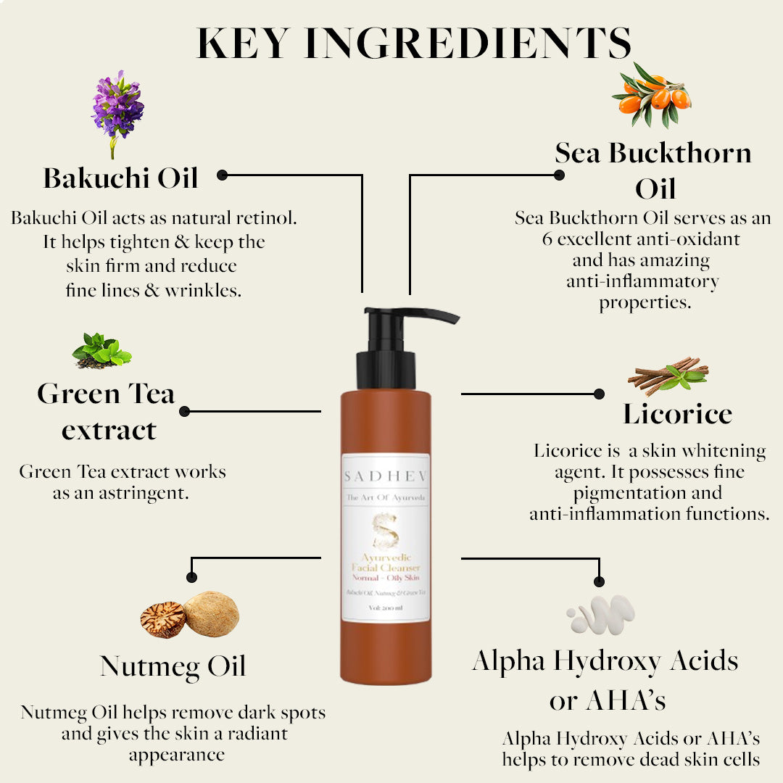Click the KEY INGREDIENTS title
pyautogui.click(x=414, y=43)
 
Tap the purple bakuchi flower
pyautogui.click(x=117, y=105)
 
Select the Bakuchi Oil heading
pyautogui.click(x=120, y=178)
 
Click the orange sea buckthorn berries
pyautogui.click(x=655, y=95)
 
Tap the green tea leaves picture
pyautogui.click(x=101, y=351)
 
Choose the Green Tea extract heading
pyautogui.click(x=107, y=412)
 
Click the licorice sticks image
pyautogui.click(x=668, y=375)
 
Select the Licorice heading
pyautogui.click(x=677, y=414)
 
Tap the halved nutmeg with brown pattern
pyautogui.click(x=163, y=619)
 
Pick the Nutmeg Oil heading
pyautogui.click(x=173, y=666)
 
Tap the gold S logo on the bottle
pyautogui.click(x=385, y=532)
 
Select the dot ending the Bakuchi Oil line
pyautogui.click(x=222, y=175)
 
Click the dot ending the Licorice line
pyautogui.click(x=599, y=394)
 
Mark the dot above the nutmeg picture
pyautogui.click(x=191, y=577)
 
